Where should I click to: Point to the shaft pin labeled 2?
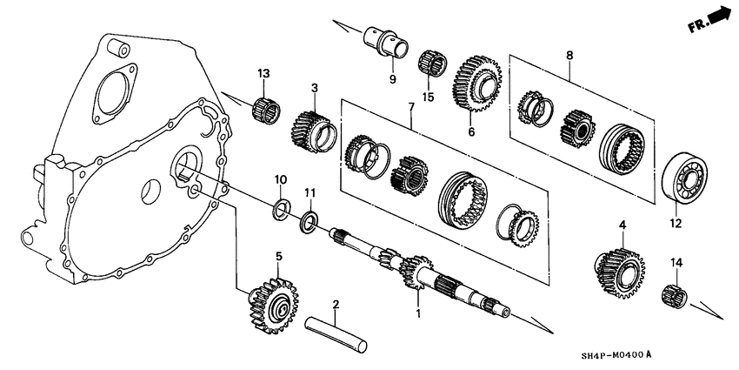click(336, 335)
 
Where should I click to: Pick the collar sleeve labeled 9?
click(385, 43)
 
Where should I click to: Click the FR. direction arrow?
click(709, 19)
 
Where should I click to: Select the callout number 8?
click(569, 56)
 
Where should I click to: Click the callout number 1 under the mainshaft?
click(418, 312)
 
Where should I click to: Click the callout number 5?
click(279, 256)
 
